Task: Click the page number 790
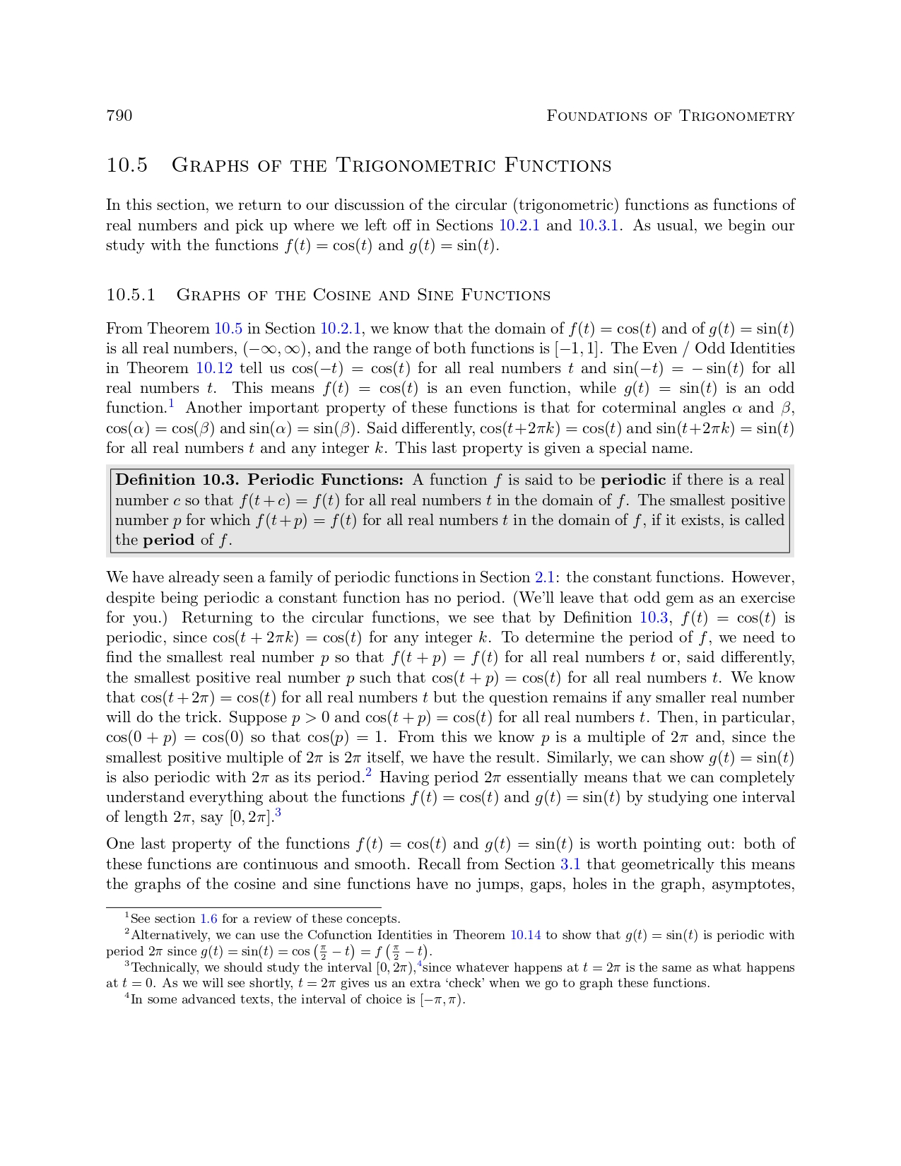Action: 119,116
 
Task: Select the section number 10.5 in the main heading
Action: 127,165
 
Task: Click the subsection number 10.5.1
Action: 131,295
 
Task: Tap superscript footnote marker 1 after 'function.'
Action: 171,404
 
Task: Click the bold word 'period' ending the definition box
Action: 168,540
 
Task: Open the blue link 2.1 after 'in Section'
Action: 544,577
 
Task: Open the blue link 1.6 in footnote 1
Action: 208,919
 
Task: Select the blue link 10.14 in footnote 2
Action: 525,935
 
